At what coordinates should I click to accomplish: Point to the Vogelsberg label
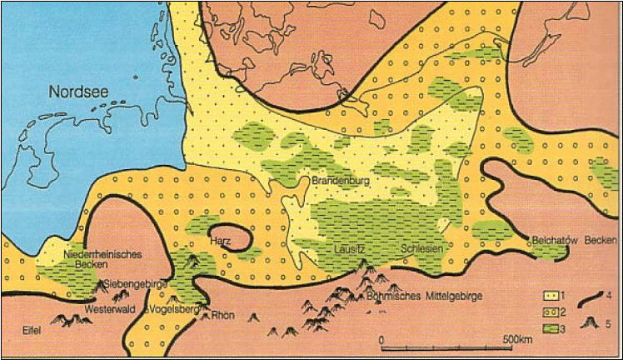(x=176, y=307)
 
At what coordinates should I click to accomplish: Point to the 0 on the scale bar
(x=381, y=341)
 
